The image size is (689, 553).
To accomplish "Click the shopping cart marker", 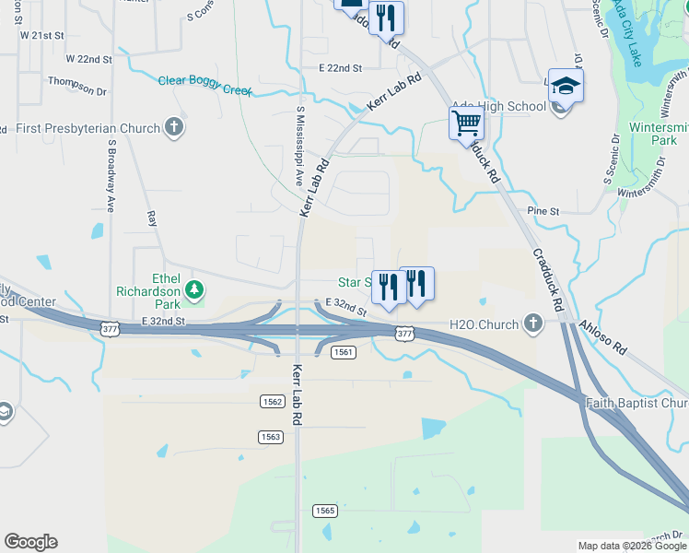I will coord(466,123).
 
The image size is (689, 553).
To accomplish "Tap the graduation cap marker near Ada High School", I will coord(566,86).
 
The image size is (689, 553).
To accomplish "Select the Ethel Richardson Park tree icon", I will coord(194,290).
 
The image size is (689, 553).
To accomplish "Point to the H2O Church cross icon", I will coord(532,324).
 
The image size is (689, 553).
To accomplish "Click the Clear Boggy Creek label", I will coord(205,81).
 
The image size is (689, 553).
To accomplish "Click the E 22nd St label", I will coord(341,68).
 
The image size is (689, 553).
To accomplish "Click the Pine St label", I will coord(543,211).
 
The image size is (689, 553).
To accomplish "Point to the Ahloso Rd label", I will coord(602,337).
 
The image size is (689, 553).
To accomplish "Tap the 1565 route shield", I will coord(324,511).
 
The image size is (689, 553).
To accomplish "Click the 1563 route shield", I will coord(270,437).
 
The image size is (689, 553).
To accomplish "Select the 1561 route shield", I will coord(343,352).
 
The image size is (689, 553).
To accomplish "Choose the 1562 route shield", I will coord(272,401).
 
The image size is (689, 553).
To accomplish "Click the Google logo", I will coord(30,542).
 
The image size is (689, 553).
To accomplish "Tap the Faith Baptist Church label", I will coord(636,403).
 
